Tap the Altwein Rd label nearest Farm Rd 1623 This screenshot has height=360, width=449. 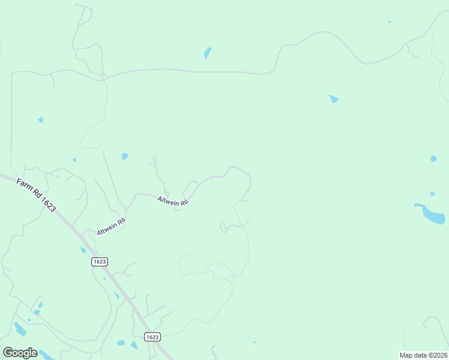pyautogui.click(x=111, y=226)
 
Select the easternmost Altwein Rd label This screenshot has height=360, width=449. pyautogui.click(x=173, y=201)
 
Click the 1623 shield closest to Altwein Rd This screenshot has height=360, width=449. pyautogui.click(x=100, y=262)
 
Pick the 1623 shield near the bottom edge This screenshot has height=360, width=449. pyautogui.click(x=152, y=337)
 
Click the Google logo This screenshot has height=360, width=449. pyautogui.click(x=20, y=353)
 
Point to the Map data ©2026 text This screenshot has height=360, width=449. pyautogui.click(x=423, y=355)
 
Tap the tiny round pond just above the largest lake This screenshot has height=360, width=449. pyautogui.click(x=432, y=194)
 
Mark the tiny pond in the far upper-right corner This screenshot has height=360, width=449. pyautogui.click(x=390, y=22)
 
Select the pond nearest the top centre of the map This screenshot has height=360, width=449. pyautogui.click(x=208, y=53)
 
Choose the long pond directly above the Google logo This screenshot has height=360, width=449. pyautogui.click(x=20, y=329)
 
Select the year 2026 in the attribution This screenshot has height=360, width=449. pyautogui.click(x=439, y=355)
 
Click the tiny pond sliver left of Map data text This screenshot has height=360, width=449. pyautogui.click(x=254, y=343)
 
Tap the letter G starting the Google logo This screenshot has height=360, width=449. pyautogui.click(x=8, y=352)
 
